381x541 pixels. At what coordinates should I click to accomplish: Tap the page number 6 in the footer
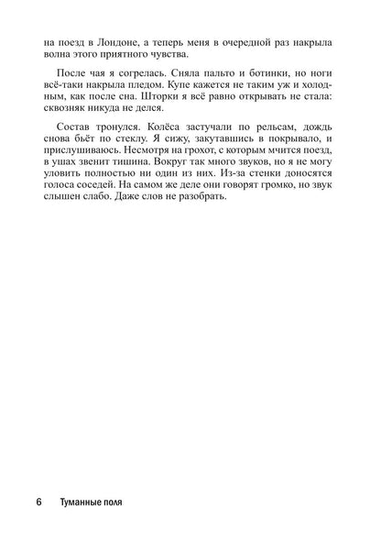click(38, 503)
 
